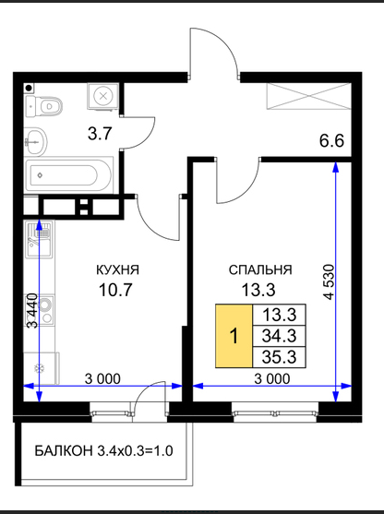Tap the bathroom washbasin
click(36, 141)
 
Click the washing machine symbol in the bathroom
click(103, 96)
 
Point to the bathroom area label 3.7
click(100, 134)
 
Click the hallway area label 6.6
click(331, 141)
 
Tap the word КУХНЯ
click(118, 269)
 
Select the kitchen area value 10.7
click(115, 290)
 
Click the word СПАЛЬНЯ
click(260, 269)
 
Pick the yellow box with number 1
click(234, 336)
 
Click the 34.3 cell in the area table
click(280, 336)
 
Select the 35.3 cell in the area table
click(280, 356)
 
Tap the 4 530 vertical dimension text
click(329, 281)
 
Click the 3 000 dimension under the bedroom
click(272, 378)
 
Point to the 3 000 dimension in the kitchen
click(102, 378)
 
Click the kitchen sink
click(39, 239)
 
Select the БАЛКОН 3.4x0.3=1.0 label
click(103, 451)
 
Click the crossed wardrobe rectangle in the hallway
click(309, 96)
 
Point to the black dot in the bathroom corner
click(30, 88)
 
